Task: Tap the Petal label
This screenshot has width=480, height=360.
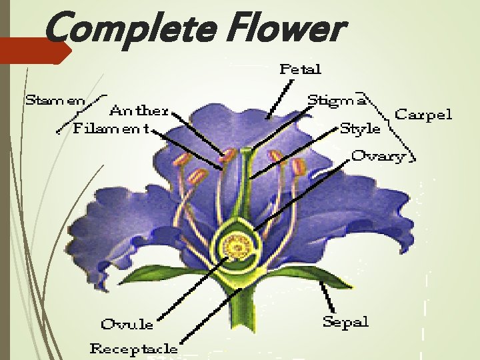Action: point(300,69)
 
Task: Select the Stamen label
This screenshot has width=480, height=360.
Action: point(55,101)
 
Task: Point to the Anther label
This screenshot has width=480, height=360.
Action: point(139,110)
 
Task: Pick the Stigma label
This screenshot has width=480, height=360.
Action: point(336,101)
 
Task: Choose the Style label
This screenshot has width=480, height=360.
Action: point(360,128)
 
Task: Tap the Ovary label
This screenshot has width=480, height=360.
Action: point(378,156)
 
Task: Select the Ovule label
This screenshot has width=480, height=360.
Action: point(127,325)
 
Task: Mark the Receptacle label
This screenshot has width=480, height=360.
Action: point(134,348)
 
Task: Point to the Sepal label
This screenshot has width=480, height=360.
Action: point(345,322)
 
